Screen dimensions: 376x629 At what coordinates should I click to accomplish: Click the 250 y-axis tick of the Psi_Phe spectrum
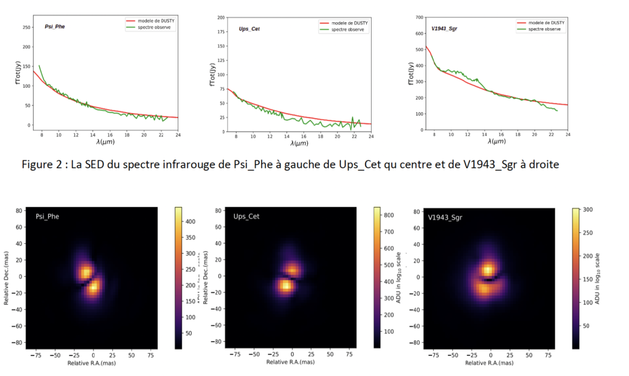pos(26,28)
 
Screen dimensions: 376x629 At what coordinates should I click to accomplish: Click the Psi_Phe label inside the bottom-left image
pos(47,217)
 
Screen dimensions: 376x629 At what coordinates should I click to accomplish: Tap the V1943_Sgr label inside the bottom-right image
pos(445,217)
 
